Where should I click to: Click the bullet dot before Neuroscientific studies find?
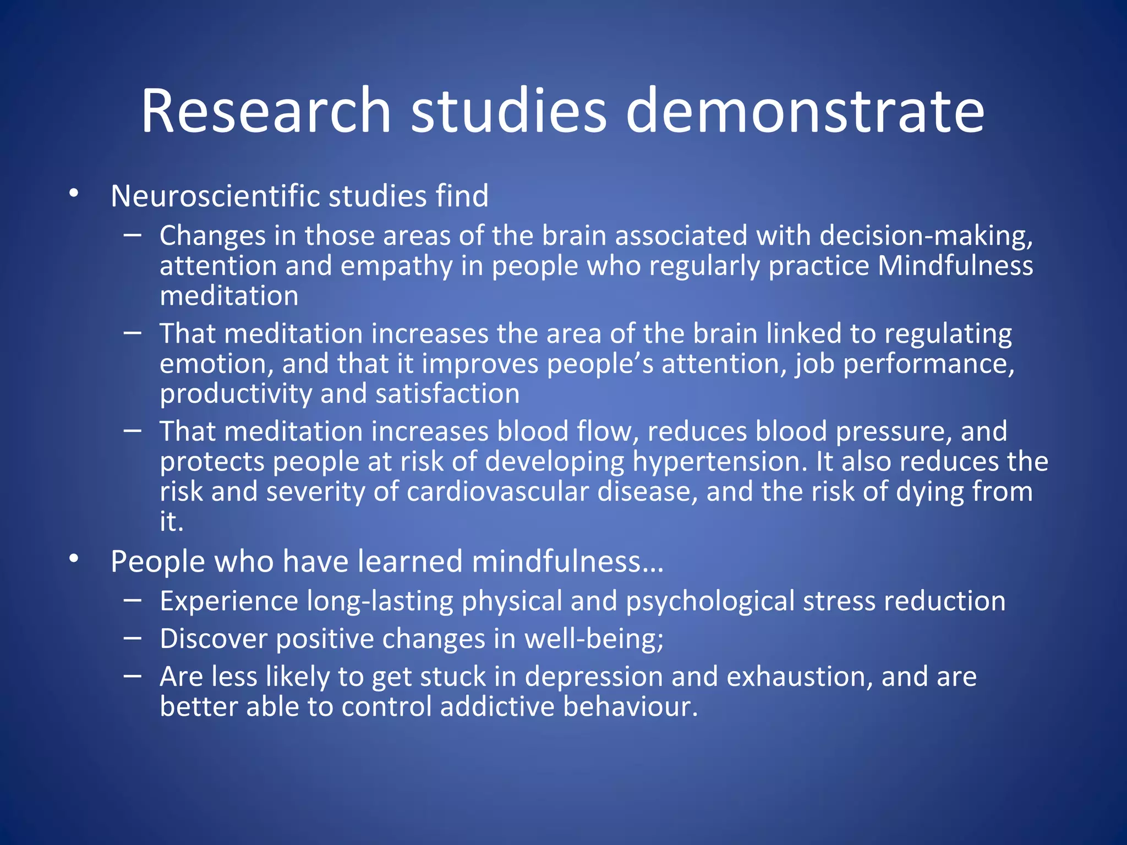pyautogui.click(x=74, y=193)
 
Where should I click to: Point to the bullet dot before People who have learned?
pyautogui.click(x=74, y=559)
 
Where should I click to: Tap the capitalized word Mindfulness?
pyautogui.click(x=955, y=266)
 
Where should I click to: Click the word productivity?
pyautogui.click(x=236, y=394)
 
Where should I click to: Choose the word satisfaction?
pyautogui.click(x=447, y=394)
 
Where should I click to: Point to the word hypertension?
pyautogui.click(x=719, y=462)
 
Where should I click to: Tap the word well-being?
pyautogui.click(x=593, y=639)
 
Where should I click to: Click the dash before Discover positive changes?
pyautogui.click(x=133, y=638)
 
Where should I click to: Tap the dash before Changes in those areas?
pyautogui.click(x=133, y=235)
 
